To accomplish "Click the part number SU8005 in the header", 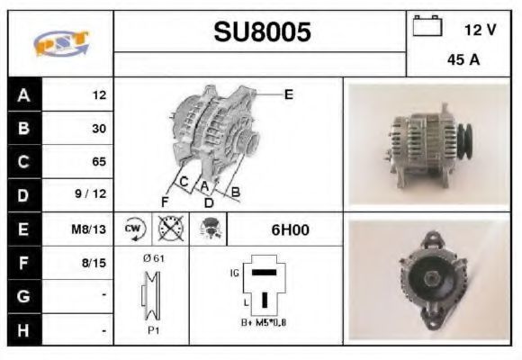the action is point(262,32).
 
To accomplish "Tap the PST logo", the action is point(61,43).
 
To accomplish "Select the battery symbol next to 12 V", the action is point(427,25).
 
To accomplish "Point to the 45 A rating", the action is point(463,59).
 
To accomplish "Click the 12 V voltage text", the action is point(480,30).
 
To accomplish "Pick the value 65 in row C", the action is point(99,161).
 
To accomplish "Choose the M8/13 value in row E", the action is point(88,229).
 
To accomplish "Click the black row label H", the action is point(24,330).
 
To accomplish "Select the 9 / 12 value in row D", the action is point(91,193).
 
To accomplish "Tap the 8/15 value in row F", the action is point(94,263).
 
